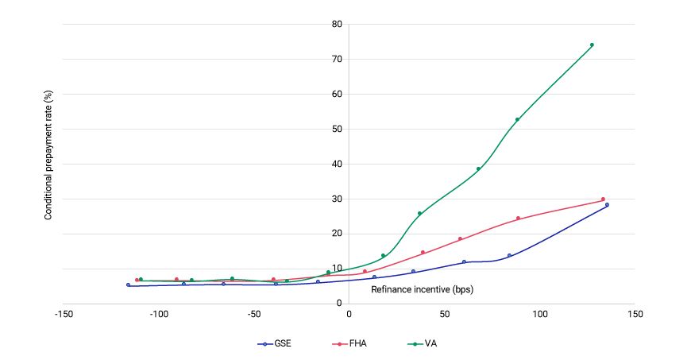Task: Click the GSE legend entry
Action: [x=275, y=344]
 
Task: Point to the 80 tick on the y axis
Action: [x=337, y=24]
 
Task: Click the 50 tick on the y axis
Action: [x=337, y=129]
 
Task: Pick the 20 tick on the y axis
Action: [x=337, y=234]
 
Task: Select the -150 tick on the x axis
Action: [x=64, y=314]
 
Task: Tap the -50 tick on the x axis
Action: [x=254, y=314]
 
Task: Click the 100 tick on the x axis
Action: [x=540, y=314]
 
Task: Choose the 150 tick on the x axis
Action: [x=635, y=314]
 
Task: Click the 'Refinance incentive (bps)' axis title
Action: [x=422, y=289]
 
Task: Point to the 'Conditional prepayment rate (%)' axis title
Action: [x=48, y=164]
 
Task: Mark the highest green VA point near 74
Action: [x=592, y=45]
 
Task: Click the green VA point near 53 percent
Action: [x=517, y=119]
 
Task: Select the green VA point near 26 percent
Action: [x=419, y=213]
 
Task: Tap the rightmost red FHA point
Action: [x=603, y=199]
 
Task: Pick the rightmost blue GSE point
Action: [x=607, y=205]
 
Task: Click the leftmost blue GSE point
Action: [x=128, y=285]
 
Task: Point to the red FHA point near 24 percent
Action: [x=518, y=218]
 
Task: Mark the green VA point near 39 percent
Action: [x=478, y=168]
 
